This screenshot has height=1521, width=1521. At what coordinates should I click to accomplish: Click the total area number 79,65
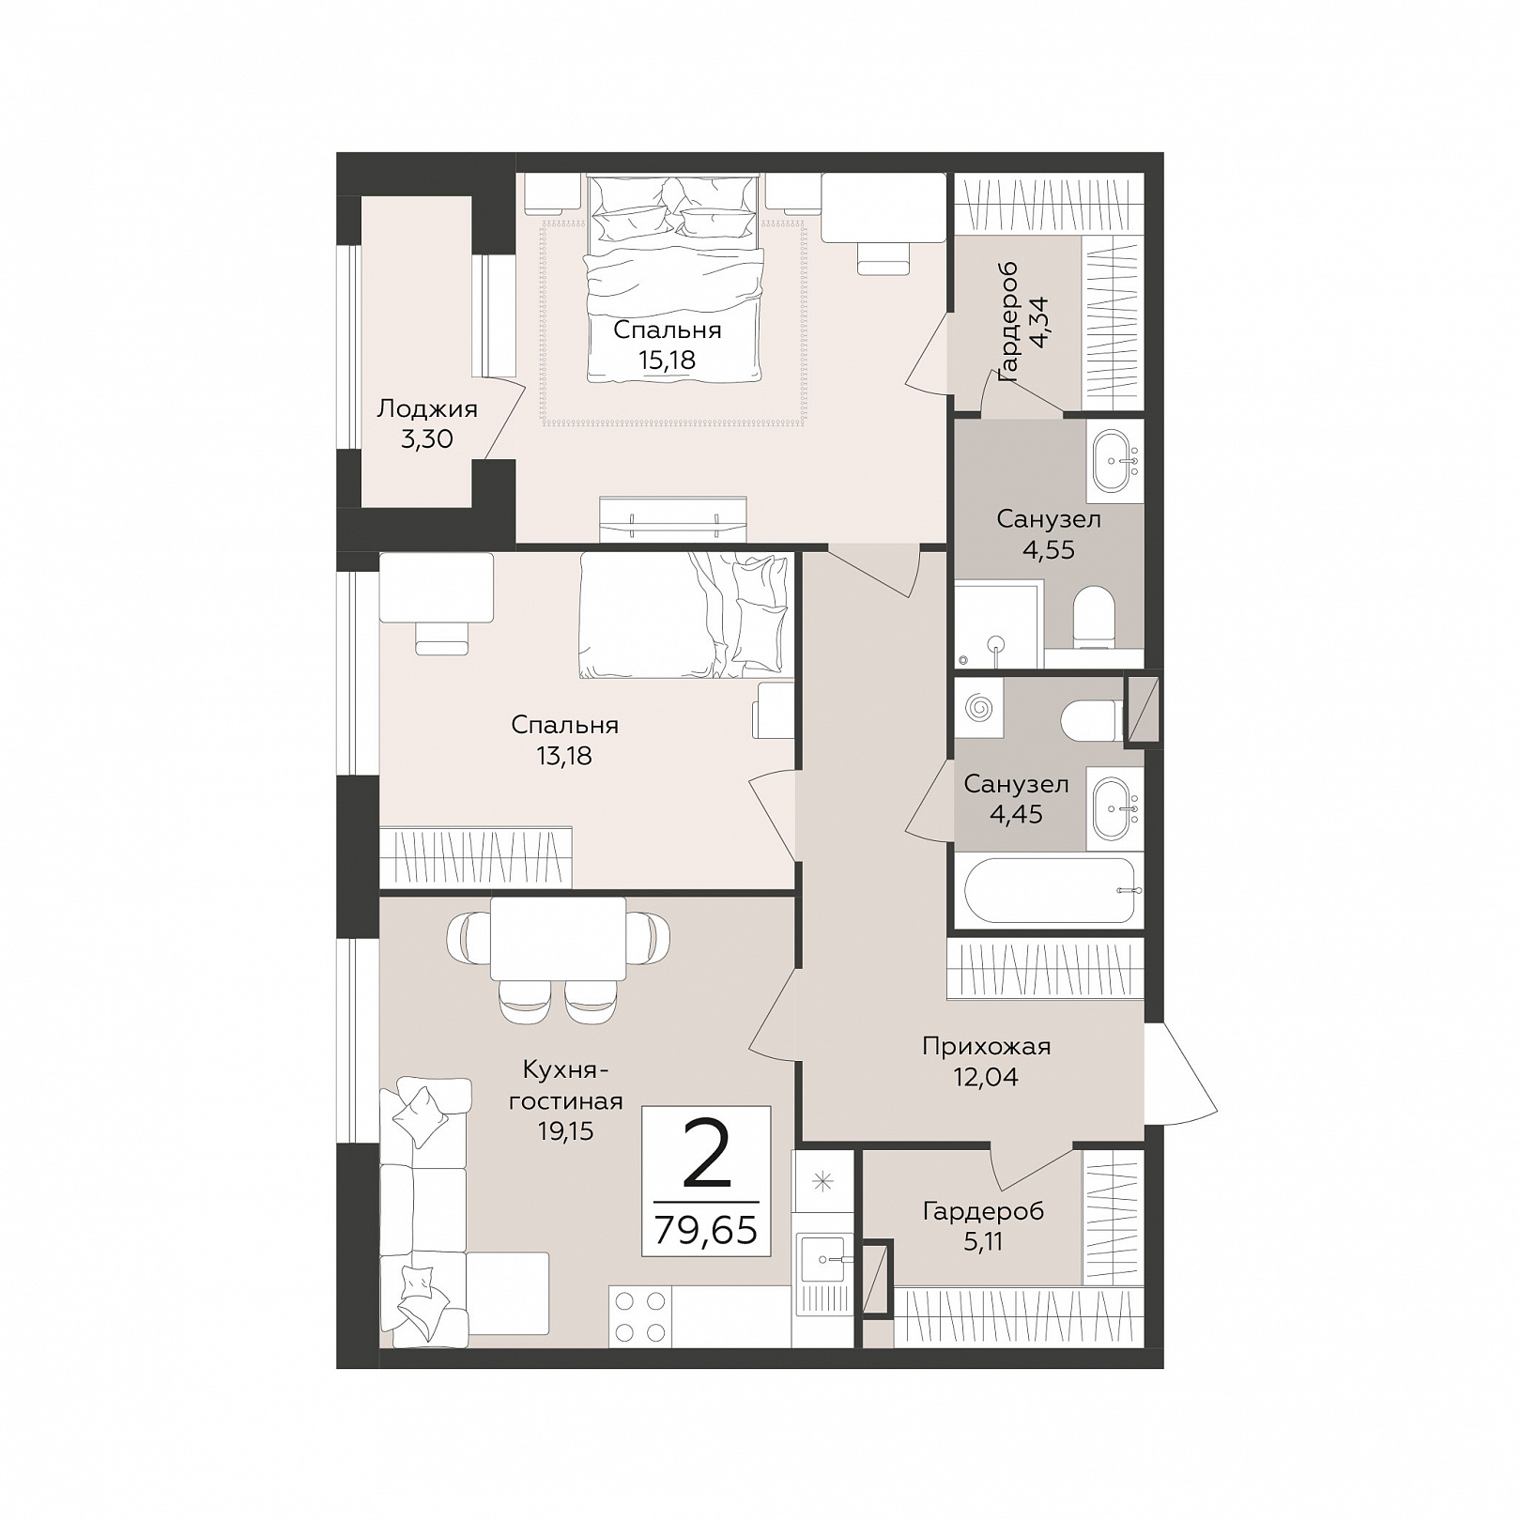[x=705, y=1230]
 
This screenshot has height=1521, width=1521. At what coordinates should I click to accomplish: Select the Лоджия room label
[x=427, y=409]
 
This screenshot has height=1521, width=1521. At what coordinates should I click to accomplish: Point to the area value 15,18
[x=668, y=360]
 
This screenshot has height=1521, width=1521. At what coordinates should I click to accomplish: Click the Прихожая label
[x=986, y=1046]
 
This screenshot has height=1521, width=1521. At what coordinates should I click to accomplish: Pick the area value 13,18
[x=564, y=755]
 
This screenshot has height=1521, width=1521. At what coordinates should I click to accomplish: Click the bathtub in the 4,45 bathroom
[x=1049, y=890]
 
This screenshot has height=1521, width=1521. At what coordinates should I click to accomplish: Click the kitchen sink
[x=822, y=1259]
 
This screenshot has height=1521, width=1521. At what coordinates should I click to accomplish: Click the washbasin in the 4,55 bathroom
[x=1115, y=461]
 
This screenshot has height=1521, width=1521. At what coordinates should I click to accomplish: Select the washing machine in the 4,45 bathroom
[x=978, y=706]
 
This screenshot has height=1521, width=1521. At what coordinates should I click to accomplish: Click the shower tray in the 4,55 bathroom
[x=998, y=624]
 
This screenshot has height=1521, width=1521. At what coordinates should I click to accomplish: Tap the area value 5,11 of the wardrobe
[x=983, y=1241]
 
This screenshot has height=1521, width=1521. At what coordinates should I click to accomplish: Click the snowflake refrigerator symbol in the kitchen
[x=822, y=1181]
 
